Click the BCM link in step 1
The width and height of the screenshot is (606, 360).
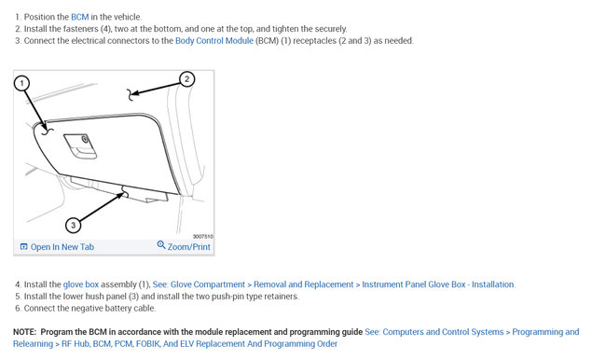click(79, 17)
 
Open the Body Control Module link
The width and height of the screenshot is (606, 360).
click(214, 41)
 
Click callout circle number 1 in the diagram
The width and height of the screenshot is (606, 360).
click(21, 83)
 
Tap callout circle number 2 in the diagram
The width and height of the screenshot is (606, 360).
click(187, 79)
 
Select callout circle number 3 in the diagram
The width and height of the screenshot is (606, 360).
click(74, 225)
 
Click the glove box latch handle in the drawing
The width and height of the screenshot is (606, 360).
click(79, 146)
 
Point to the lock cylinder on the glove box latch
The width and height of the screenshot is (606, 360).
click(85, 139)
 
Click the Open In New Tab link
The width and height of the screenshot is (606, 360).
click(62, 247)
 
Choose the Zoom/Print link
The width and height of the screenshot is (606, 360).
click(188, 247)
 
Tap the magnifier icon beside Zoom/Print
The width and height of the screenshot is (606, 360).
click(161, 244)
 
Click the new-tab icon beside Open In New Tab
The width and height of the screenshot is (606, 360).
click(23, 247)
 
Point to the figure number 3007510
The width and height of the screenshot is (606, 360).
click(203, 236)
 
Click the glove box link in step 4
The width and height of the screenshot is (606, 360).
click(81, 284)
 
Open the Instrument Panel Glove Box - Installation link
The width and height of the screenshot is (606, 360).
click(438, 284)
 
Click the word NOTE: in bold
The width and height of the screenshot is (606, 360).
click(25, 332)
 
